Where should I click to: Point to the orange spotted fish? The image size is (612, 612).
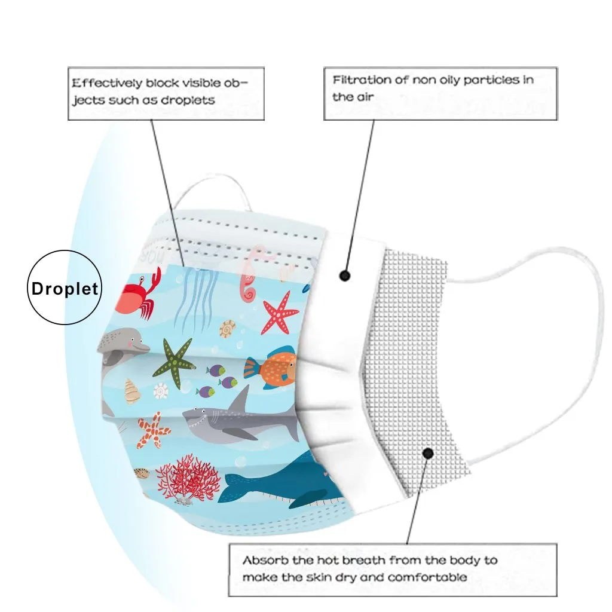271,368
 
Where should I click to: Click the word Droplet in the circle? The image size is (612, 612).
65,289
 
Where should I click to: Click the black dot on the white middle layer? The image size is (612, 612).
344,276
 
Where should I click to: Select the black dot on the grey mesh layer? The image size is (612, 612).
428,454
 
